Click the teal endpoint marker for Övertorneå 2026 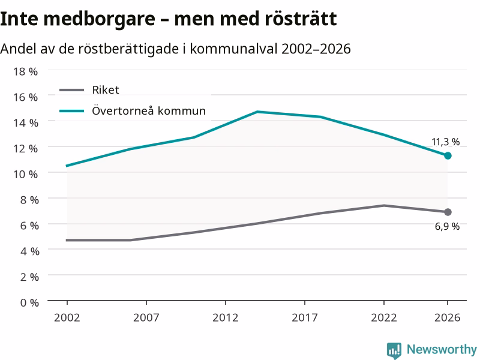tap(448, 156)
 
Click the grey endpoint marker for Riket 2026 tap(448, 212)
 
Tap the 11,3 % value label tap(445, 142)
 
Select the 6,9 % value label tap(447, 227)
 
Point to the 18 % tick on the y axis tap(25, 71)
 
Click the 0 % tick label tap(29, 303)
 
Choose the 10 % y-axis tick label tap(25, 174)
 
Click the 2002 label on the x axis tap(67, 318)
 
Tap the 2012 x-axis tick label tap(226, 318)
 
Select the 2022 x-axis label tap(384, 318)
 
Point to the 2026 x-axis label tap(447, 318)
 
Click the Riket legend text tap(106, 90)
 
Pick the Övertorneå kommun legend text tap(149, 110)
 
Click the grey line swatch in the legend tap(71, 90)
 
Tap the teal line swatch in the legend tap(71, 111)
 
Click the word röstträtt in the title tap(301, 19)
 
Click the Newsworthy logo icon tap(394, 350)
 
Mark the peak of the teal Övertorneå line tap(257, 112)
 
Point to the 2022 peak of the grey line tap(384, 205)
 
